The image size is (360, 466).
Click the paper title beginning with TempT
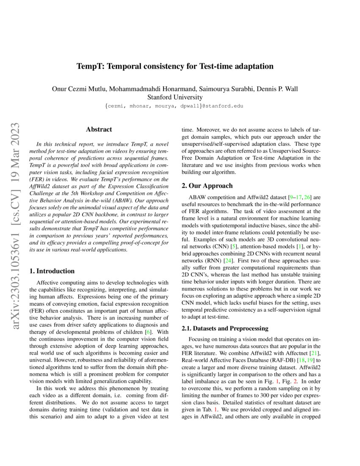point(174,67)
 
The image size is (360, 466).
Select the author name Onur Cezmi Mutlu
point(79,89)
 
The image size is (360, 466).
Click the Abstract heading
point(99,130)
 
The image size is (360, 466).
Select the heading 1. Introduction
point(53,271)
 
